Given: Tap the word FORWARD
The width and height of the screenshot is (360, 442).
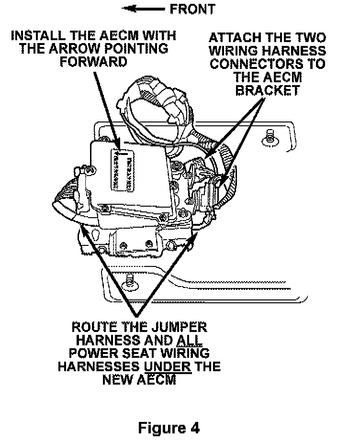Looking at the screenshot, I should pos(94,62).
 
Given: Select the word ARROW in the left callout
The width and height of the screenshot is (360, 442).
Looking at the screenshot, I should pos(101,49).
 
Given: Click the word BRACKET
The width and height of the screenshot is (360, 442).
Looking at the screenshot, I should pos(268,90).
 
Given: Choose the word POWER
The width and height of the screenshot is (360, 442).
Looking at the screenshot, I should pos(90,354).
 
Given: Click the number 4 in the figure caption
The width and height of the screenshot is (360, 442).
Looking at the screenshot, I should pos(192,427).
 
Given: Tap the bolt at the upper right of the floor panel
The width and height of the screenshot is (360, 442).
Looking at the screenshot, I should pos(269,139).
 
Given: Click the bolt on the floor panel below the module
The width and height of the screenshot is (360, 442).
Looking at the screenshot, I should pos(128,283).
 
